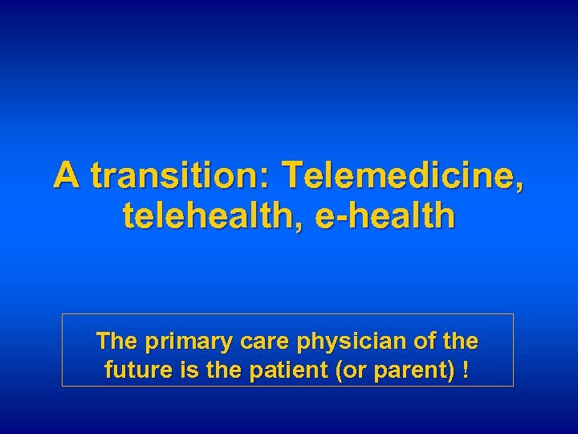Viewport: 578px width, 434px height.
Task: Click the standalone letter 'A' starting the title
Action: coord(67,175)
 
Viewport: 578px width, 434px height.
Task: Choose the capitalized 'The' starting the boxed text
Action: coord(116,342)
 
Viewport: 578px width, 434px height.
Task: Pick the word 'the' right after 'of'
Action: coord(460,342)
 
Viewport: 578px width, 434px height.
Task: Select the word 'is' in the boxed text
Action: coord(181,372)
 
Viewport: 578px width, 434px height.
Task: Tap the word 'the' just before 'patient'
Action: coord(213,372)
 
